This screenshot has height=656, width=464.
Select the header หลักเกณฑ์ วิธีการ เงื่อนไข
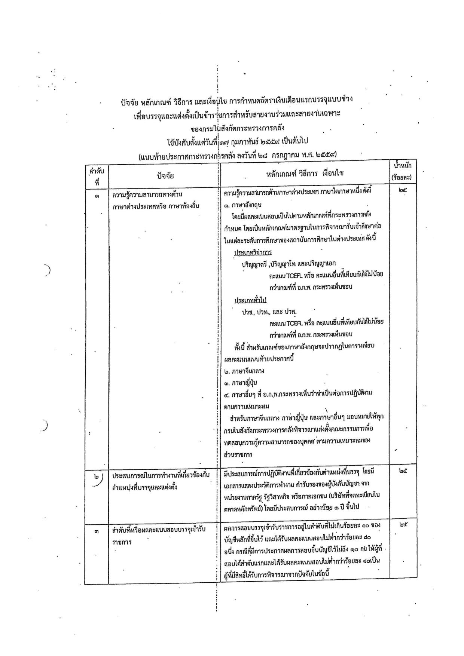coord(305,173)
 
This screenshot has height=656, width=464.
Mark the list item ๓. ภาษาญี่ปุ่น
coord(241,382)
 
